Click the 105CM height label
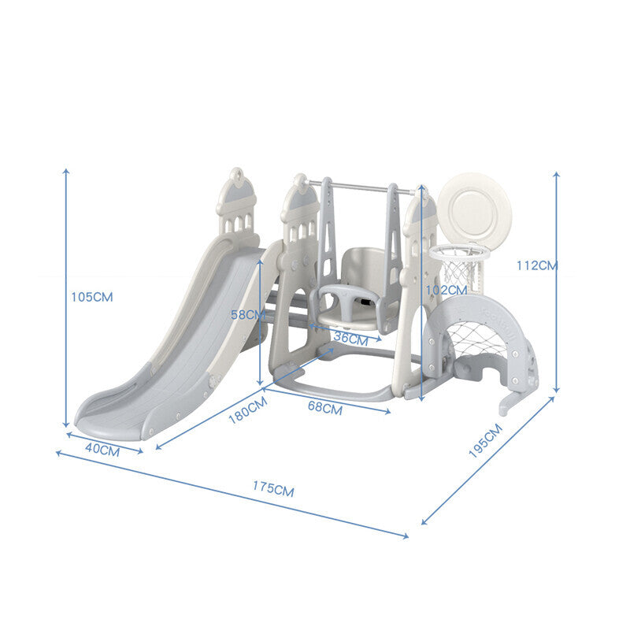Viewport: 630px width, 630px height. click(92, 297)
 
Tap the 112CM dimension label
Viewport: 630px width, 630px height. click(537, 265)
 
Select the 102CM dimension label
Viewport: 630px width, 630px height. click(447, 290)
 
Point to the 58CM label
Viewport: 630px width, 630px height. click(248, 314)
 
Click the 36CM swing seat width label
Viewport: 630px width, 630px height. click(350, 339)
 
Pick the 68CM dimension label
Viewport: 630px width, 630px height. click(325, 408)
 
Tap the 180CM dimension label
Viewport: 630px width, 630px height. click(247, 410)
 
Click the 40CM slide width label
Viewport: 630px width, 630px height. click(102, 450)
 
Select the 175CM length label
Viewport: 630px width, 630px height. click(273, 488)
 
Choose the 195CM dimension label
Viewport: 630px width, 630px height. click(485, 441)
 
